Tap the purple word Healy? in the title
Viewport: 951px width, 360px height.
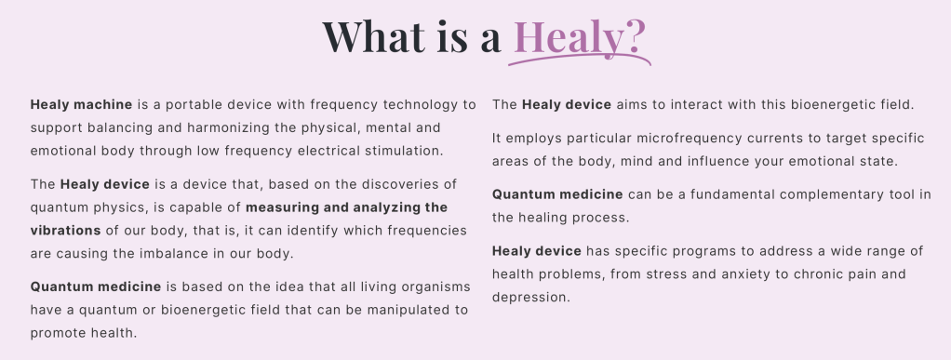pyautogui.click(x=580, y=37)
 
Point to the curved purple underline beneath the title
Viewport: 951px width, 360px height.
pyautogui.click(x=580, y=59)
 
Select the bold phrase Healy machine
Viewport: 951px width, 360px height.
pyautogui.click(x=81, y=105)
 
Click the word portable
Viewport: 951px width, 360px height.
pyautogui.click(x=194, y=105)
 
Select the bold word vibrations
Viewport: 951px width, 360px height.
pyautogui.click(x=65, y=231)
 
